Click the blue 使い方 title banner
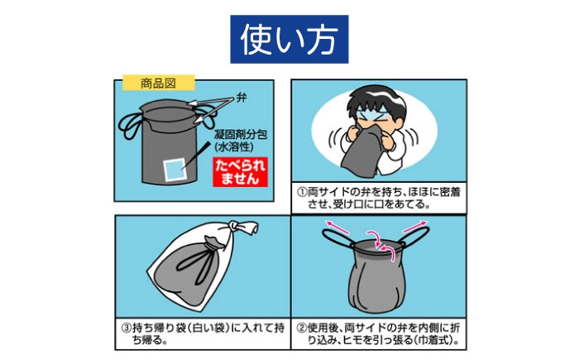pyautogui.click(x=289, y=39)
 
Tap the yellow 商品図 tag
pyautogui.click(x=159, y=83)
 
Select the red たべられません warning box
pyautogui.click(x=240, y=172)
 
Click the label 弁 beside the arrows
pyautogui.click(x=242, y=98)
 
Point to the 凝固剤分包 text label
pyautogui.click(x=241, y=135)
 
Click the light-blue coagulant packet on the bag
pyautogui.click(x=175, y=170)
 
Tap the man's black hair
pyautogui.click(x=376, y=100)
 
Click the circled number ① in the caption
pyautogui.click(x=303, y=192)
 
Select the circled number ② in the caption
pyautogui.click(x=303, y=328)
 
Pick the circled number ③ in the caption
pyautogui.click(x=127, y=328)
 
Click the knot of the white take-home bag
pyautogui.click(x=242, y=228)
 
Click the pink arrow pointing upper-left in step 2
pyautogui.click(x=337, y=227)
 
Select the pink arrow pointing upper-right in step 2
pyautogui.click(x=414, y=227)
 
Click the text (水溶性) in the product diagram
pyautogui.click(x=234, y=147)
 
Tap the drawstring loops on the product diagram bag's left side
pyautogui.click(x=130, y=124)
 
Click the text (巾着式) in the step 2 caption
pyautogui.click(x=435, y=340)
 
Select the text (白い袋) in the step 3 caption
pyautogui.click(x=208, y=328)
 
